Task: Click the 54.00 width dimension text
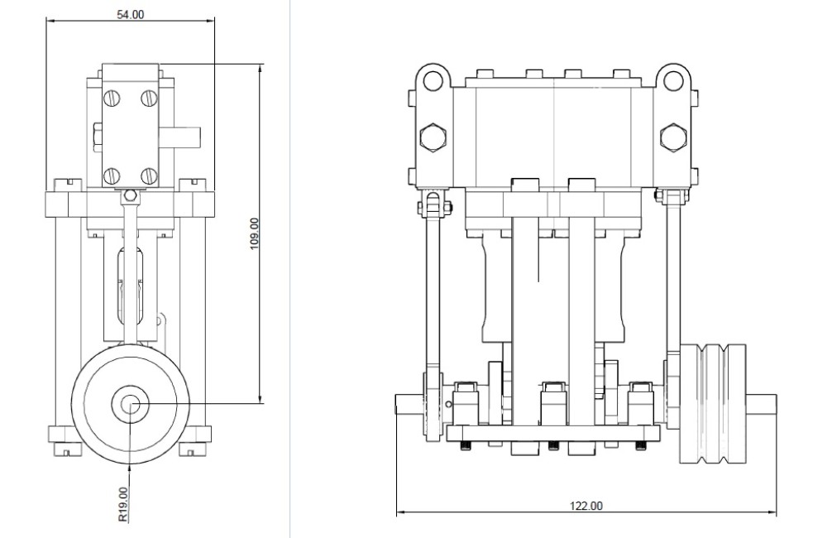130,14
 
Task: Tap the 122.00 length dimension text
586,506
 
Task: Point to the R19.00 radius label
123,504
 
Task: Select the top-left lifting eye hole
433,80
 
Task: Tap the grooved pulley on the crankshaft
716,403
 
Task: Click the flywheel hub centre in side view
130,404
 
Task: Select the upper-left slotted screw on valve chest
112,98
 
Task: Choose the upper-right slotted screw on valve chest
149,98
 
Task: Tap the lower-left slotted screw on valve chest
112,175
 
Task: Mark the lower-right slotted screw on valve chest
149,175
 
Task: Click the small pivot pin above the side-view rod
128,196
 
